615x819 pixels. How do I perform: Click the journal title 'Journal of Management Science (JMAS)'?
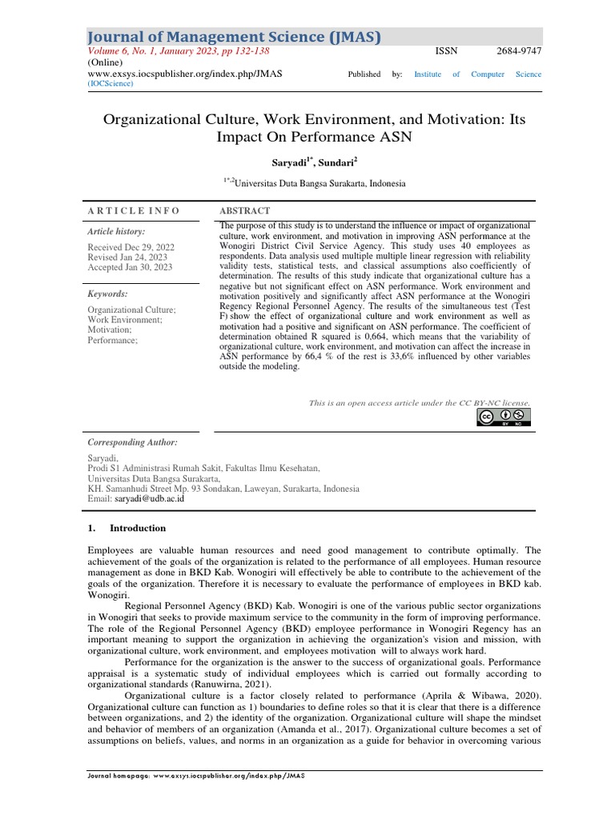click(233, 36)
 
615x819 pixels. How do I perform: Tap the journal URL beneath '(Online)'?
click(184, 74)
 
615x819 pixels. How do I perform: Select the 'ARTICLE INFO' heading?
click(133, 211)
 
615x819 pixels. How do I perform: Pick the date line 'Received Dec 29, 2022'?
click(131, 248)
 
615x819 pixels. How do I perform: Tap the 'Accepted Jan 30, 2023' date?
click(131, 268)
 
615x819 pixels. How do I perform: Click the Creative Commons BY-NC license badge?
click(504, 417)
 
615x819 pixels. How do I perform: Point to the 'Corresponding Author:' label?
click(131, 442)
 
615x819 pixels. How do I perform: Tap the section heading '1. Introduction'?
click(126, 528)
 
